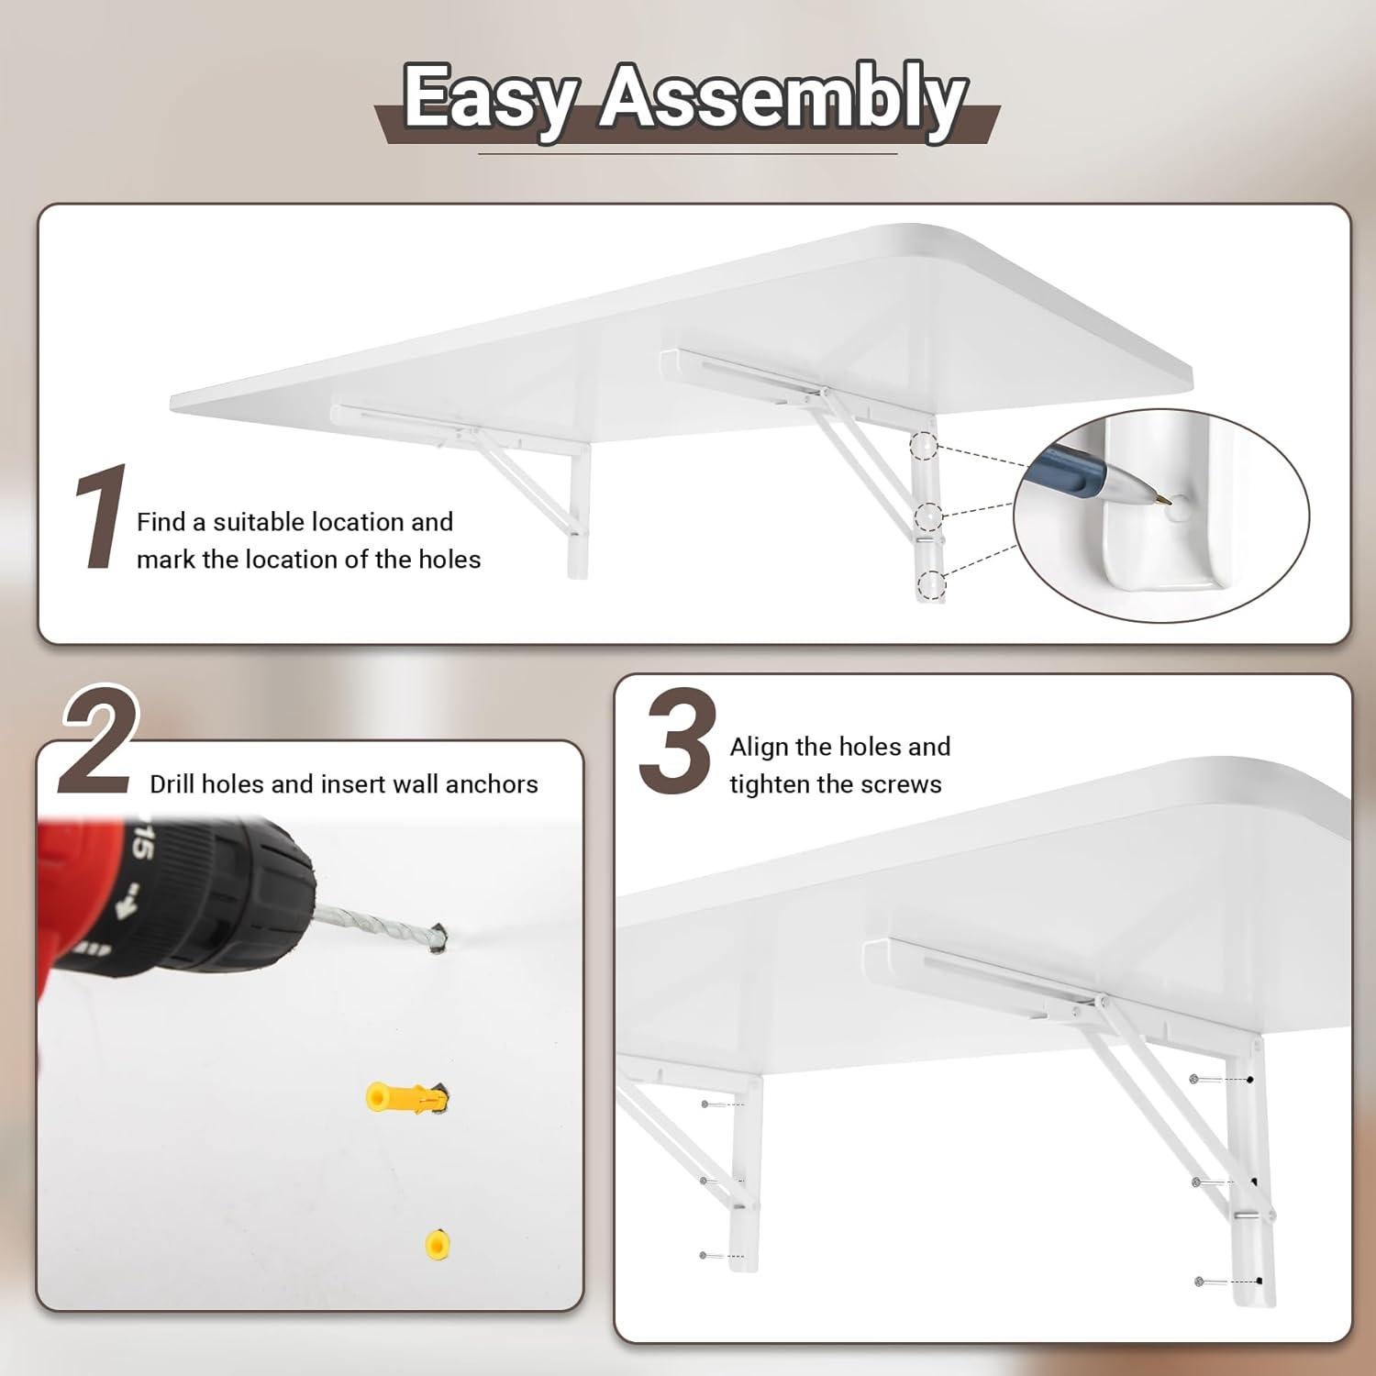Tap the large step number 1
(99, 517)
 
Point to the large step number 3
(677, 743)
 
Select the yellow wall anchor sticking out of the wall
(404, 1096)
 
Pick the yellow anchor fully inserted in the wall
(438, 1244)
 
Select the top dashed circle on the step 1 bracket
(924, 448)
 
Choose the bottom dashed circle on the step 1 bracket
(930, 583)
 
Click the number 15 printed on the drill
(139, 845)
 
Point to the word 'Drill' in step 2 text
(172, 784)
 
